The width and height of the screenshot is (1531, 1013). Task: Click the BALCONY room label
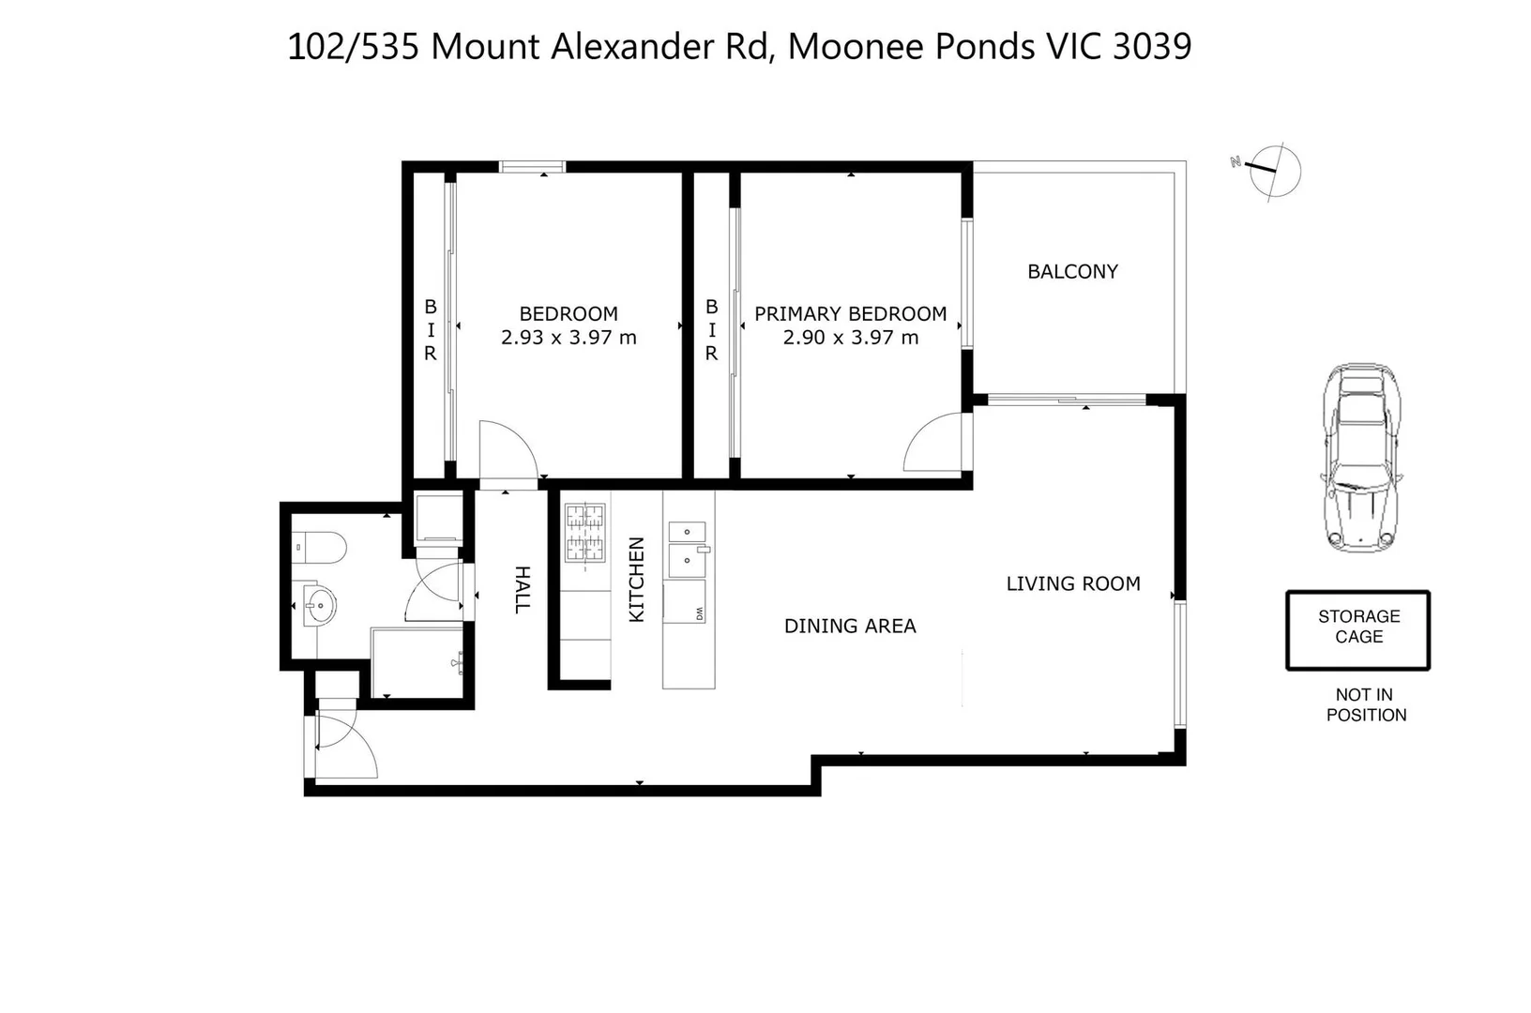[1072, 272]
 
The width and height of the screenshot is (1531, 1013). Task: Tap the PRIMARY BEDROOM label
[850, 313]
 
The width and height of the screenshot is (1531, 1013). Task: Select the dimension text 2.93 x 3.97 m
[568, 338]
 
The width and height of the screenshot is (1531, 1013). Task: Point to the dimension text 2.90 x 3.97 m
[850, 338]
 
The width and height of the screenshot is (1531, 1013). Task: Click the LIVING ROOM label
[1073, 583]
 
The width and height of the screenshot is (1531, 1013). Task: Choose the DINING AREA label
[850, 627]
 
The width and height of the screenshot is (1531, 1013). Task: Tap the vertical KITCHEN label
[636, 580]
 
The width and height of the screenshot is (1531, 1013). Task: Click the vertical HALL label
[523, 590]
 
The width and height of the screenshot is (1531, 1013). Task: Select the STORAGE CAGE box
[1358, 630]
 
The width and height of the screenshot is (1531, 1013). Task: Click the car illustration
[1361, 458]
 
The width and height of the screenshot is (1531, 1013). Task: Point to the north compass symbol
[1270, 171]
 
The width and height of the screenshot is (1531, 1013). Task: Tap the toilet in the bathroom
[320, 548]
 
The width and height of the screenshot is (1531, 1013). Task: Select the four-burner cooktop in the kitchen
[585, 533]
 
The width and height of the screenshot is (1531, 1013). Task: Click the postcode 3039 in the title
[1152, 47]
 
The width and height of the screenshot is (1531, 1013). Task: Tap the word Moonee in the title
[856, 47]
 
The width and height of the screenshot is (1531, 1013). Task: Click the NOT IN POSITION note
[1366, 704]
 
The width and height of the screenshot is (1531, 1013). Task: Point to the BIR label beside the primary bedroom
[711, 330]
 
